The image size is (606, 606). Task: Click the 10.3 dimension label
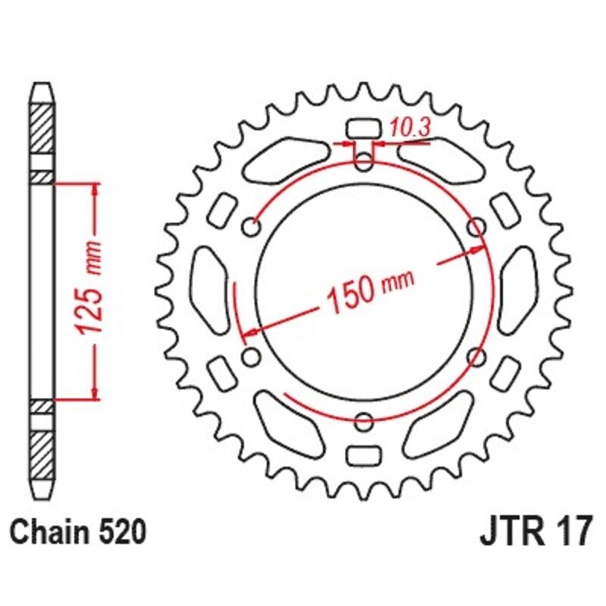click(410, 127)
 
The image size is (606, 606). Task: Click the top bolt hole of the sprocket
click(363, 161)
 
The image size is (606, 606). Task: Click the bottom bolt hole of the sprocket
click(364, 422)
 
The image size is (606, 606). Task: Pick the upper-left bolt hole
click(251, 226)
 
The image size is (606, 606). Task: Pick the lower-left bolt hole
click(251, 357)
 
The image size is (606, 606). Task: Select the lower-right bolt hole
click(476, 357)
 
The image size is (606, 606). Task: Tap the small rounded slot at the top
click(363, 128)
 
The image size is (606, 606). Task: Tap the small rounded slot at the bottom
click(364, 456)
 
